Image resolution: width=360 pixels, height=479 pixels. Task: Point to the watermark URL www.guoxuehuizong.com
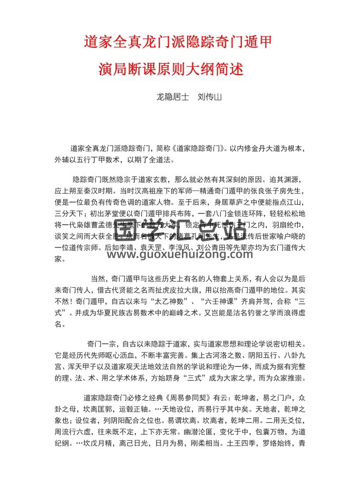coord(179,254)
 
